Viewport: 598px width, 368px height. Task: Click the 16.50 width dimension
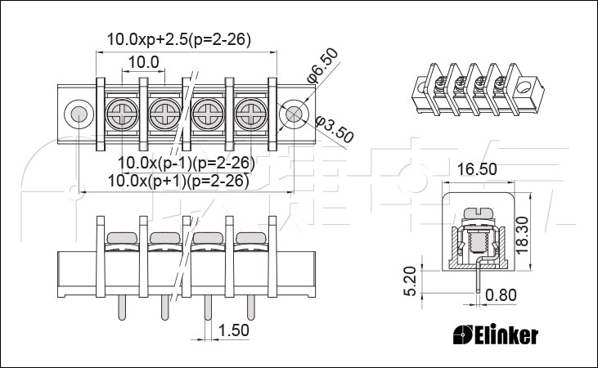[x=477, y=169]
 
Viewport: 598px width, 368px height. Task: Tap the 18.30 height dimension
[x=522, y=235]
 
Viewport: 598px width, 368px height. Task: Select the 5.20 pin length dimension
[x=411, y=281]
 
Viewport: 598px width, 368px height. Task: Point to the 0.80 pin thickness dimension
[x=501, y=294]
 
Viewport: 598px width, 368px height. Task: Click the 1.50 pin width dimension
[x=233, y=330]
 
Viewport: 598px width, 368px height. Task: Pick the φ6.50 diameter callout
[x=322, y=65]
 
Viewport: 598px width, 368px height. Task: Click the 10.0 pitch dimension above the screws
[x=143, y=62]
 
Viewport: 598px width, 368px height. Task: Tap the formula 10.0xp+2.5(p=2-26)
[x=179, y=39]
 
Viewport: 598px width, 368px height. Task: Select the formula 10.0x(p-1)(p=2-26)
[x=187, y=163]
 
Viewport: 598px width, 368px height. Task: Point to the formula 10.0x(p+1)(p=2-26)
[x=178, y=181]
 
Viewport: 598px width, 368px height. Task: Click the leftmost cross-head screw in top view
[x=122, y=113]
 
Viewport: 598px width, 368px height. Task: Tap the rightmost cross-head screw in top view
[x=250, y=113]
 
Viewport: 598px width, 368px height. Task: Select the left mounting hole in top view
[x=79, y=114]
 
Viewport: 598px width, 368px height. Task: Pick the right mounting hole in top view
[x=294, y=114]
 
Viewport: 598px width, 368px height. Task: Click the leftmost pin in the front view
[x=122, y=307]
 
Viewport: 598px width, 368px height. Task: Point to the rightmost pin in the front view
[x=250, y=307]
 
